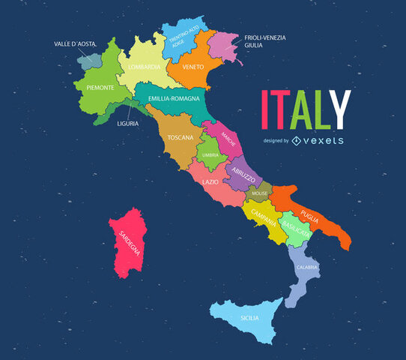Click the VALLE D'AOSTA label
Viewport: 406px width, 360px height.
75,44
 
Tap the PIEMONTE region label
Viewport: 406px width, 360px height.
94,88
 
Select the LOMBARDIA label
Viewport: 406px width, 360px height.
144,67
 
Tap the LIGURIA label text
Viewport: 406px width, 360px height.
127,124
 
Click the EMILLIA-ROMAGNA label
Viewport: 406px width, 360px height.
174,99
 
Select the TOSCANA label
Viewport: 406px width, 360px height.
181,138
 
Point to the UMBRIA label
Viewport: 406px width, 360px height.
210,155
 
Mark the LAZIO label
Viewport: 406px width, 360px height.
210,181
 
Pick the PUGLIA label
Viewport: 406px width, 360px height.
310,219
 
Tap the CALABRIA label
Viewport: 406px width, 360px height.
307,267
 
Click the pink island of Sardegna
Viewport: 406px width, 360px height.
127,244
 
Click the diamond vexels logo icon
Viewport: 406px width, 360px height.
297,140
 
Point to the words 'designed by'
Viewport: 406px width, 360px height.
276,140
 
